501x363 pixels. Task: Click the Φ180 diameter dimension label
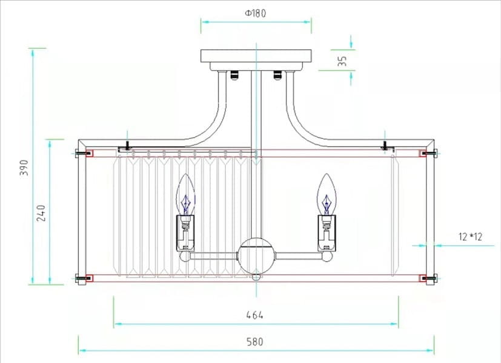(256, 13)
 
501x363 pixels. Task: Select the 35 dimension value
(342, 61)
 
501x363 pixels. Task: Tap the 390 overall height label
(24, 168)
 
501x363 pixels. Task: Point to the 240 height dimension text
(41, 213)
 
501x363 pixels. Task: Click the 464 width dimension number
(255, 315)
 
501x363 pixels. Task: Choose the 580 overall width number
(255, 342)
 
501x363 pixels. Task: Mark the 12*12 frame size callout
(470, 237)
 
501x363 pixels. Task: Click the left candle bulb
(185, 194)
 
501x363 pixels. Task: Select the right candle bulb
(327, 194)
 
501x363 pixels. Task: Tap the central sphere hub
(256, 255)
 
